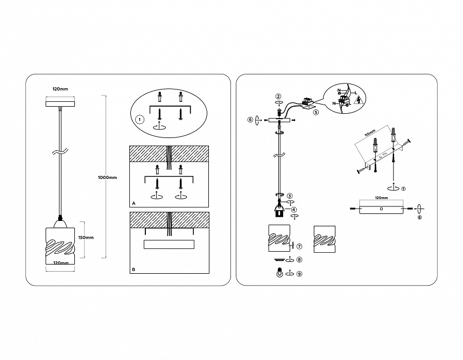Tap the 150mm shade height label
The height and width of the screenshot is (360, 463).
[87, 238]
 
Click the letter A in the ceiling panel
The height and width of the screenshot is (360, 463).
[133, 204]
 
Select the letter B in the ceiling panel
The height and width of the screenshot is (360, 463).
[133, 269]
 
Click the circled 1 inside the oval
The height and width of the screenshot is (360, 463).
[139, 119]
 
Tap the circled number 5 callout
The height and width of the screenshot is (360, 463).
[316, 113]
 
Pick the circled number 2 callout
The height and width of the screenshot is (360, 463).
[278, 96]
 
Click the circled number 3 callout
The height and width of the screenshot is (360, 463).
[290, 196]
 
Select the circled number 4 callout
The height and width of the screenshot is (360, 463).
[293, 209]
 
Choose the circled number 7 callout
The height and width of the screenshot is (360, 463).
[299, 246]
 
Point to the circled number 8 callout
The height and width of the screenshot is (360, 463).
[299, 260]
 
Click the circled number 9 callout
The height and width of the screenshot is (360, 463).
[299, 273]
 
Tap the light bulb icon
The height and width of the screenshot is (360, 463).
[278, 273]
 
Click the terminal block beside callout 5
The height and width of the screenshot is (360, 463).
[309, 101]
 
